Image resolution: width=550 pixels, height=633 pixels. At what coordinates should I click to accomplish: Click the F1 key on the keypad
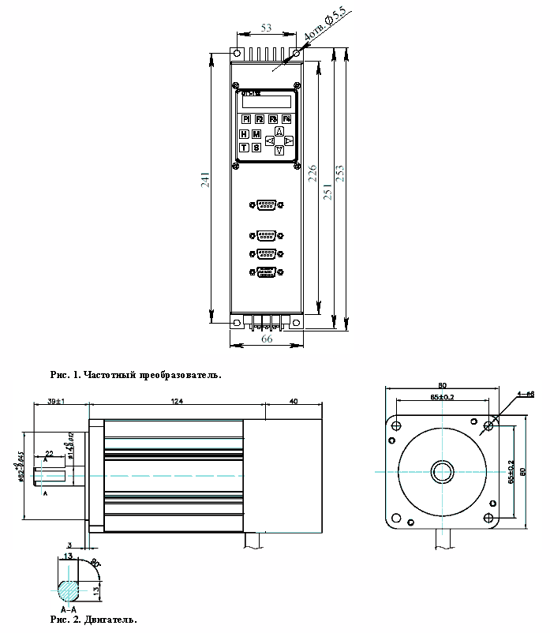click(x=246, y=119)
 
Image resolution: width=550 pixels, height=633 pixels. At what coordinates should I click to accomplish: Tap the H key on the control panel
click(x=244, y=134)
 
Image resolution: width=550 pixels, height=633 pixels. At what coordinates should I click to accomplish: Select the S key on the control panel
click(x=256, y=148)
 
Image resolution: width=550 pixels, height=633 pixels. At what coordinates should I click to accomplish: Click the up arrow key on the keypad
click(x=279, y=131)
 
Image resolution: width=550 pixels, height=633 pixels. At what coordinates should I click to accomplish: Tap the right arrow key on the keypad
click(x=289, y=140)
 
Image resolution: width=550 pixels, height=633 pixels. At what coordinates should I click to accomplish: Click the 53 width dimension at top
click(x=266, y=28)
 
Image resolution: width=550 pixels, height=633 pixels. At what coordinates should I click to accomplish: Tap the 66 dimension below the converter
click(x=267, y=339)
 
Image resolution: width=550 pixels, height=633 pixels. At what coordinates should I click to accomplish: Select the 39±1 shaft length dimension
click(x=56, y=402)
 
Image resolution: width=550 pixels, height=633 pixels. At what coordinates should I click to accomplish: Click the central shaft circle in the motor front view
click(x=440, y=472)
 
